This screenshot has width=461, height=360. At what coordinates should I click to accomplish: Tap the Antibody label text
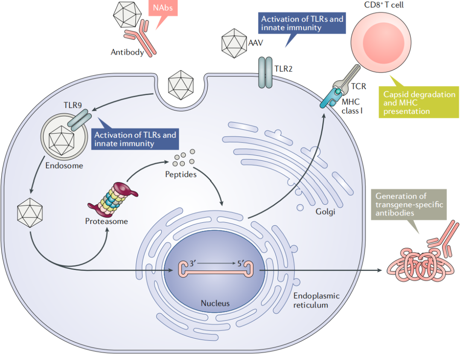coord(127,52)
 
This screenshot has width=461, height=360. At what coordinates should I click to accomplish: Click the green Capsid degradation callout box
coord(419,103)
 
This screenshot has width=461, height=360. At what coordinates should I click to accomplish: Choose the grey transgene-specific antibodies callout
coord(409,205)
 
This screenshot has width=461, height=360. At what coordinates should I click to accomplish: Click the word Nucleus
coord(215,304)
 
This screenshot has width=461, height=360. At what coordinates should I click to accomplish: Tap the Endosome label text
coord(64,165)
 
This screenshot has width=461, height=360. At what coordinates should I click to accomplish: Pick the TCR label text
coord(358,87)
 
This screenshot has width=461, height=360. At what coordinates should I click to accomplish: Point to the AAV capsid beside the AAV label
coord(234,44)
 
